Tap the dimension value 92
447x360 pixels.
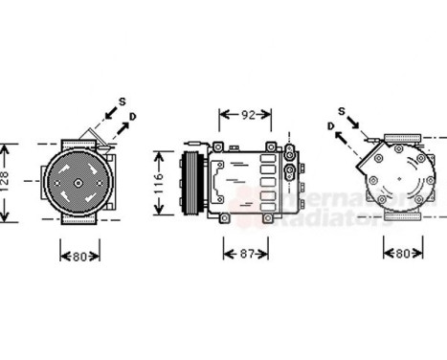click(247, 116)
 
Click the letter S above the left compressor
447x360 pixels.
click(123, 101)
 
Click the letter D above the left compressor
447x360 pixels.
click(133, 116)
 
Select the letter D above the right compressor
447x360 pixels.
click(328, 124)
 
